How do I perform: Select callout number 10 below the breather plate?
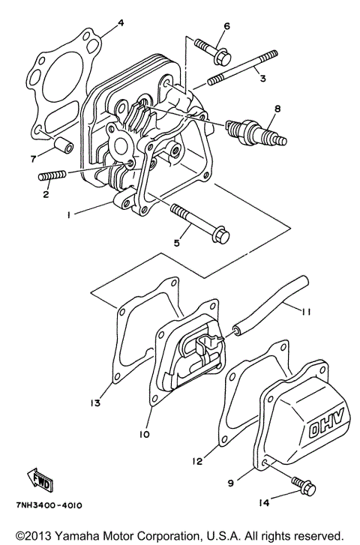(x=144, y=434)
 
